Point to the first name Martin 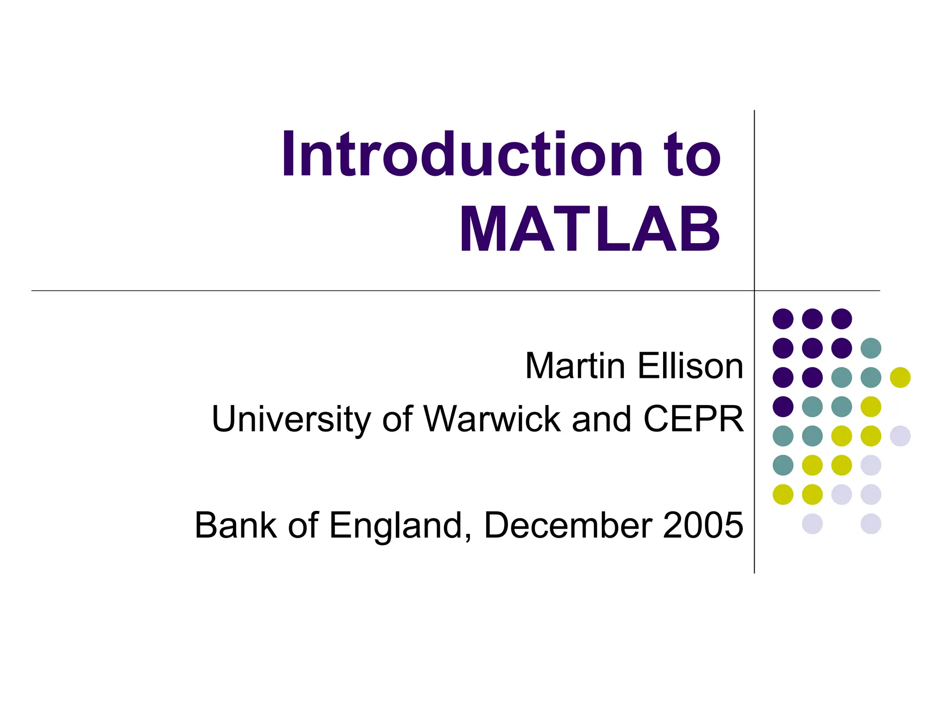point(575,366)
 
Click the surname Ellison point(691,366)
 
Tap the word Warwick point(492,419)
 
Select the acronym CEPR point(693,419)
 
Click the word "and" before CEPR point(601,419)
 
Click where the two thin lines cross point(754,291)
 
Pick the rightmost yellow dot point(900,377)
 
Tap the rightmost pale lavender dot point(900,436)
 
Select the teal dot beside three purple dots point(871,348)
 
